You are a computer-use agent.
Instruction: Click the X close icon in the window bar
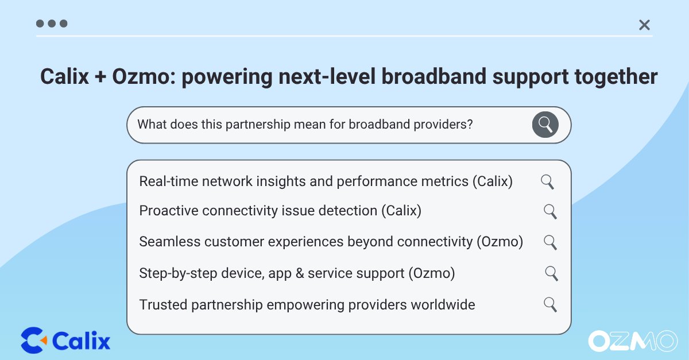point(644,25)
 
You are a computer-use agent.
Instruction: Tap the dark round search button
point(545,125)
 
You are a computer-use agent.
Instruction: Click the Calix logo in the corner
point(65,340)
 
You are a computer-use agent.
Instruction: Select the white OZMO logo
point(633,341)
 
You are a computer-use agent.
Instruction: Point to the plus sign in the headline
point(100,77)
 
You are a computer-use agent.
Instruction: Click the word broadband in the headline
point(433,76)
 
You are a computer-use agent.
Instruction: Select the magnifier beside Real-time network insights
point(548,182)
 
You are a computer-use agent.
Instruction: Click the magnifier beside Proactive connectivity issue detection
point(550,212)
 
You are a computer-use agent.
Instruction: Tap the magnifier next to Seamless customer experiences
point(550,242)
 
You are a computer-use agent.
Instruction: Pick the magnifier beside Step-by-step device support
point(552,273)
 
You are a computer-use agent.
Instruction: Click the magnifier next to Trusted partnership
point(550,305)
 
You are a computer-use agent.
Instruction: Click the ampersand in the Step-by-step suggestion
point(300,273)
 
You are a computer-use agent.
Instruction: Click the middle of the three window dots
point(52,24)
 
